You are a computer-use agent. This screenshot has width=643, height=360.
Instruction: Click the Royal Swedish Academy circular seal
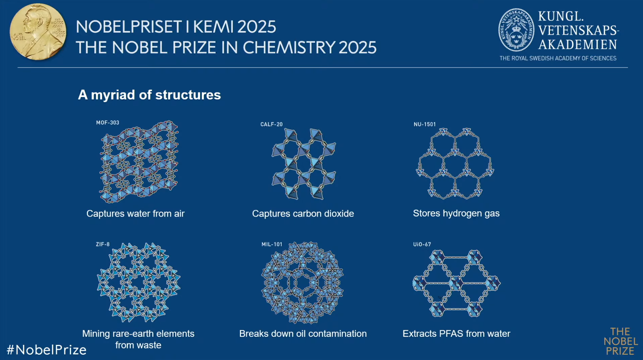point(516,30)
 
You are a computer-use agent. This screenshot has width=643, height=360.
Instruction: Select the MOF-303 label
point(108,123)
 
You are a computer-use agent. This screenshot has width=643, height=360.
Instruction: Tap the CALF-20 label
point(272,124)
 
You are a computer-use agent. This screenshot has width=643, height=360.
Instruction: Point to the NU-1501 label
point(425,124)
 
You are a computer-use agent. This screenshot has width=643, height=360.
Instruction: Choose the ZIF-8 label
point(103,244)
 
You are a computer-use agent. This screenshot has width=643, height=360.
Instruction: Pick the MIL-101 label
point(272,244)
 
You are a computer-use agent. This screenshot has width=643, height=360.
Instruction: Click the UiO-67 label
point(422,244)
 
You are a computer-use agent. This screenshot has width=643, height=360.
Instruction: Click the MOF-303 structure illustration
point(139,162)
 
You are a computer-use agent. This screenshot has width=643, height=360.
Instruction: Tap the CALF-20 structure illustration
point(304,164)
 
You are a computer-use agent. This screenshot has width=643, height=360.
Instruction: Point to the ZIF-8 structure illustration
point(139,282)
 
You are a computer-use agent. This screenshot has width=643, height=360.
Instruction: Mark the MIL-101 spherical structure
point(303,282)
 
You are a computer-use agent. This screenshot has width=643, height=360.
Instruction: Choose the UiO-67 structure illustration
point(456,283)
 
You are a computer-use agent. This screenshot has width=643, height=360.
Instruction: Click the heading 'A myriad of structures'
point(149,95)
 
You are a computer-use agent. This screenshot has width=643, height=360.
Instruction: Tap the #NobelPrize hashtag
point(46,350)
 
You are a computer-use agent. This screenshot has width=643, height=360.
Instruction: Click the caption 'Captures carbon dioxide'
point(303,214)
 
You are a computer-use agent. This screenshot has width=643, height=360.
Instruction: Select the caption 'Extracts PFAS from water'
point(456,334)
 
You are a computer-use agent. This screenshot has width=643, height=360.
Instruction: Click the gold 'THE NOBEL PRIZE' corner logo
point(621,341)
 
